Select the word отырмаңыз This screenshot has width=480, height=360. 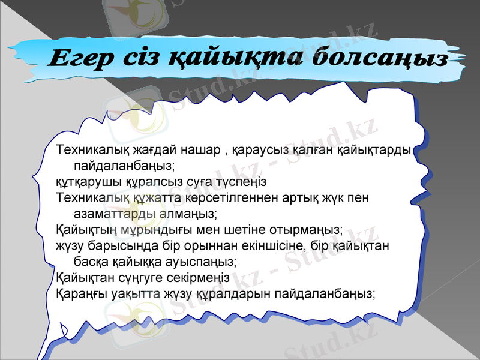point(308,230)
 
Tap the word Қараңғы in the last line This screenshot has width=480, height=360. point(81,295)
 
